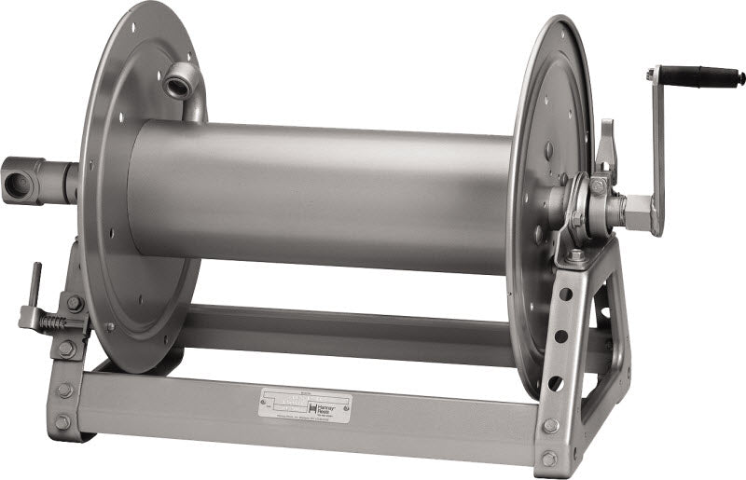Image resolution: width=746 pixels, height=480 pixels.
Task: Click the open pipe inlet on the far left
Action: point(18,181)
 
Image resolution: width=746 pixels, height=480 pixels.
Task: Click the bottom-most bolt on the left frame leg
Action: point(62,422)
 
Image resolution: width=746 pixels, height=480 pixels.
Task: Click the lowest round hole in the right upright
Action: point(558,382)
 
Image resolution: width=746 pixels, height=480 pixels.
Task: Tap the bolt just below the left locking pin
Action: point(66,349)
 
